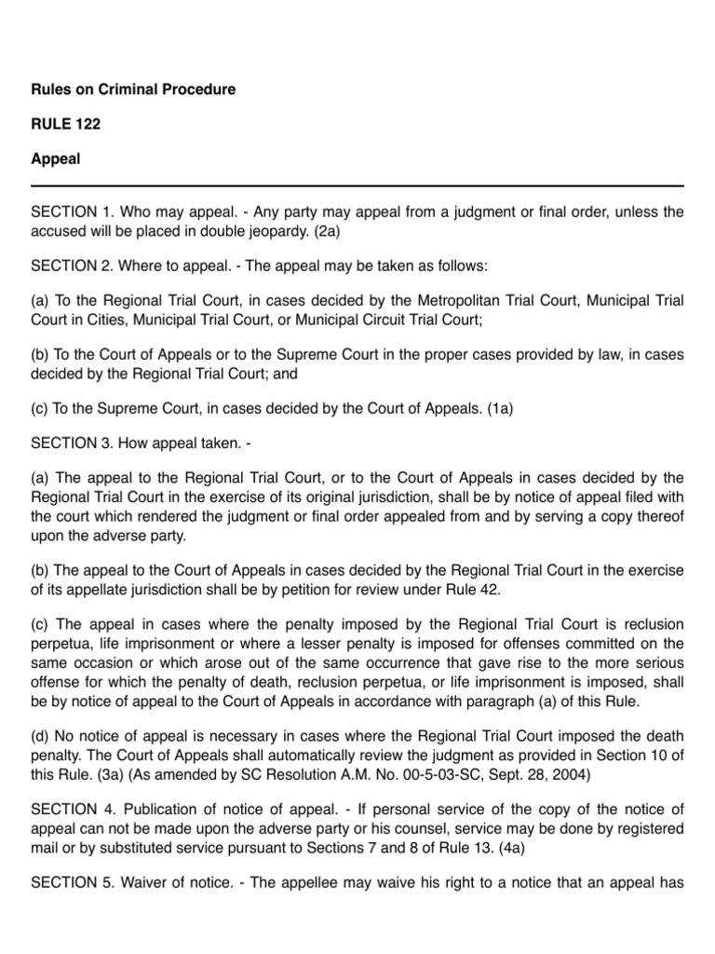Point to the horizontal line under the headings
coord(357,185)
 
